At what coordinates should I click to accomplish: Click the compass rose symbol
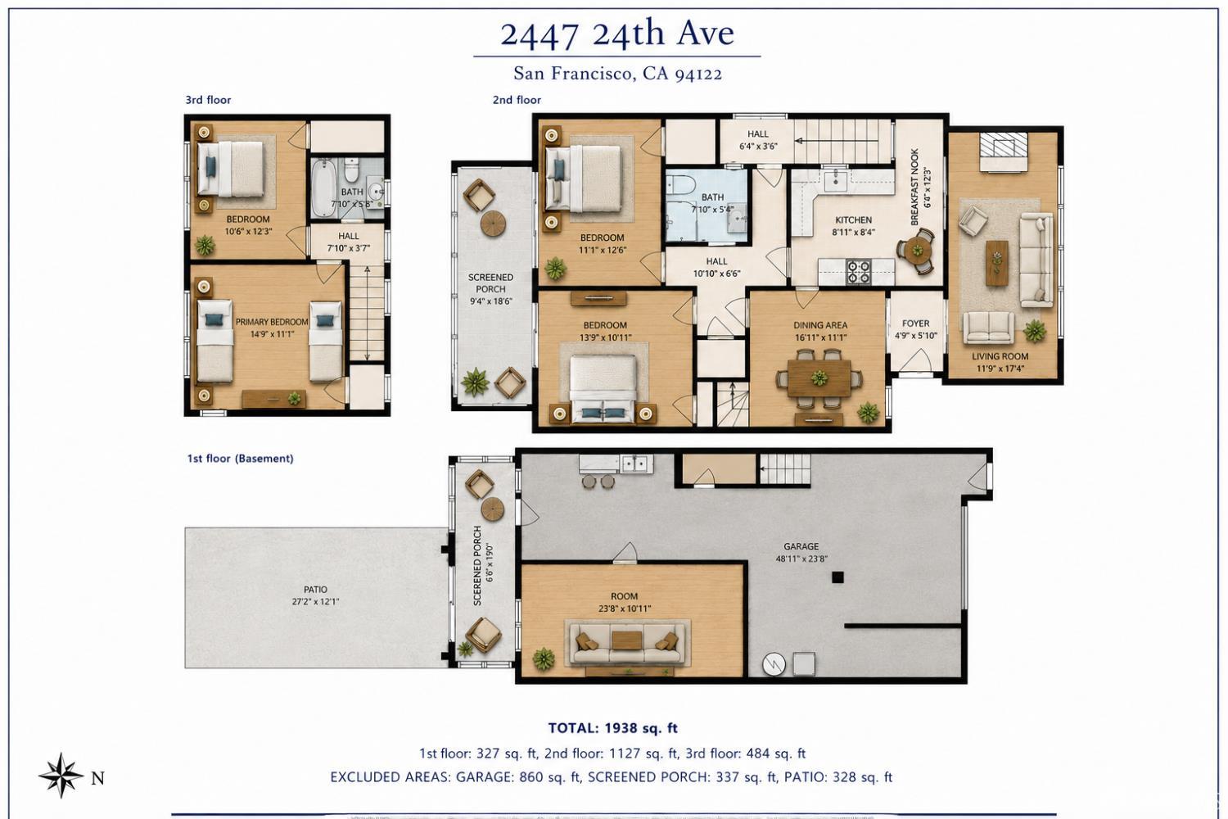click(x=61, y=775)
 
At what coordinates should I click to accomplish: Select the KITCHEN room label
click(x=853, y=220)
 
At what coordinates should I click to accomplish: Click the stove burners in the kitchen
click(x=859, y=272)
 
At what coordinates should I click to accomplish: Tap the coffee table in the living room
click(x=996, y=264)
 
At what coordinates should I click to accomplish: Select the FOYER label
click(x=915, y=324)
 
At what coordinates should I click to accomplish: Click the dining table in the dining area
click(x=819, y=378)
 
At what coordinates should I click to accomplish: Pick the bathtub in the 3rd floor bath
click(x=323, y=188)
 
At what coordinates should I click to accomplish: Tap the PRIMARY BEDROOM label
click(x=272, y=322)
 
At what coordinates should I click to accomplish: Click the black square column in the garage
click(x=837, y=577)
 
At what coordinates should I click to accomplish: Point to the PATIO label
click(x=315, y=589)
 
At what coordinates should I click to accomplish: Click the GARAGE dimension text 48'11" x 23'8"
click(x=801, y=559)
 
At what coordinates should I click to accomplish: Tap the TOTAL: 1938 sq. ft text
click(x=613, y=728)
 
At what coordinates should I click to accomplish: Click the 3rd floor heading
click(x=208, y=100)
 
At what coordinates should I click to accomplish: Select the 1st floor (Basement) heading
click(x=240, y=458)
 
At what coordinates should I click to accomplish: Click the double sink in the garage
click(x=636, y=464)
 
